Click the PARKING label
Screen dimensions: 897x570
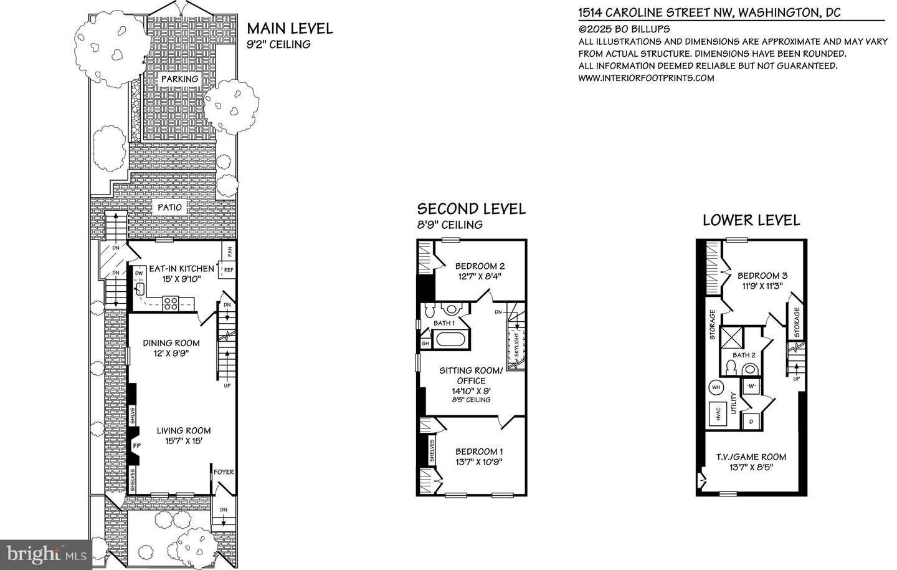pyautogui.click(x=180, y=79)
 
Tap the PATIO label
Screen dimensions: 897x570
pyautogui.click(x=170, y=207)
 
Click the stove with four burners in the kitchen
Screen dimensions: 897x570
pyautogui.click(x=171, y=304)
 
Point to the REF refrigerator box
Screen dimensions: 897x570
pyautogui.click(x=227, y=270)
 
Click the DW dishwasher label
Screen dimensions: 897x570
pyautogui.click(x=139, y=273)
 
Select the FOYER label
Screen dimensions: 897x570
pyautogui.click(x=224, y=472)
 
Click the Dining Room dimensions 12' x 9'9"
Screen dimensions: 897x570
pyautogui.click(x=171, y=353)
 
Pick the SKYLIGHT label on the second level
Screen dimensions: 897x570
pyautogui.click(x=516, y=345)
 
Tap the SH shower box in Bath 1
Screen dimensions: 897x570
pyautogui.click(x=425, y=344)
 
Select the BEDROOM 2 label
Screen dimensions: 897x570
pyautogui.click(x=480, y=266)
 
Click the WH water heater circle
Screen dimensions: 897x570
pyautogui.click(x=716, y=387)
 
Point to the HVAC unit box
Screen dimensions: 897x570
pyautogui.click(x=718, y=413)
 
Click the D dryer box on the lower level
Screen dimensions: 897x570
pyautogui.click(x=751, y=422)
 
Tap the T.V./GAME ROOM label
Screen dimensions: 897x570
pyautogui.click(x=751, y=457)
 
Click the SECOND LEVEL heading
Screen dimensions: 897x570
pyautogui.click(x=472, y=209)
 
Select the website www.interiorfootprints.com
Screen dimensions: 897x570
pyautogui.click(x=646, y=78)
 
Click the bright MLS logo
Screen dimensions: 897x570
pyautogui.click(x=46, y=555)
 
